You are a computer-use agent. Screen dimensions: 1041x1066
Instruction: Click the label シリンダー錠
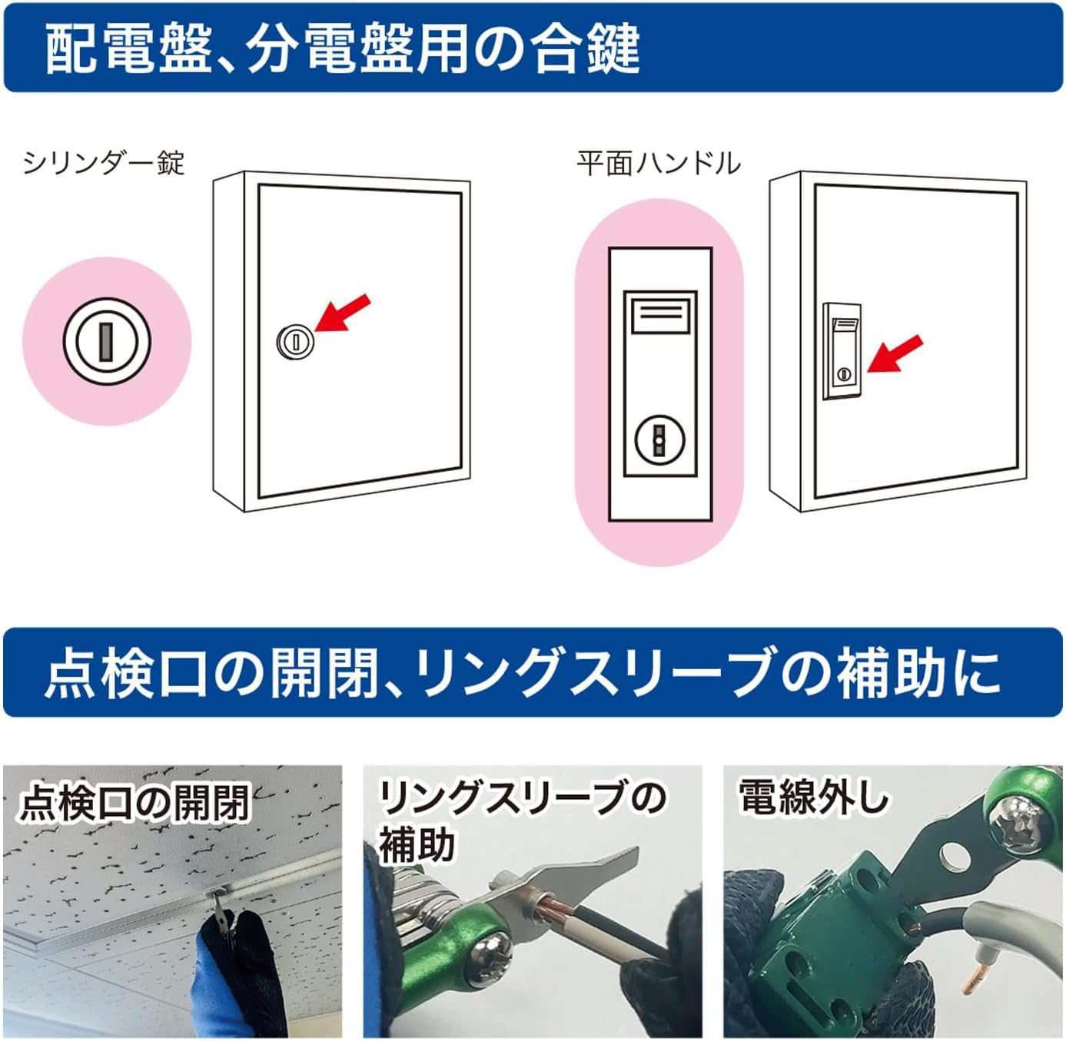point(104,163)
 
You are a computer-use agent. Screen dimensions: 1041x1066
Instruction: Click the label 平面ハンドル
point(658,163)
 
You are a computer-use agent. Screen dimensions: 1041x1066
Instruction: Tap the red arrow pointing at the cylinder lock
point(343,313)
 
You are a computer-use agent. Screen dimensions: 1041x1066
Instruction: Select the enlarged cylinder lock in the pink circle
point(107,341)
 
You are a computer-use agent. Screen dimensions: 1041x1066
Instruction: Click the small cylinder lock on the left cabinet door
point(294,340)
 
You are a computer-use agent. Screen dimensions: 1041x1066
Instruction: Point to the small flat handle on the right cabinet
point(842,351)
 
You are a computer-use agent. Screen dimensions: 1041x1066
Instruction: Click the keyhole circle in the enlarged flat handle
point(659,439)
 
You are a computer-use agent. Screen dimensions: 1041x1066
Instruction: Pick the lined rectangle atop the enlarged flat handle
point(659,315)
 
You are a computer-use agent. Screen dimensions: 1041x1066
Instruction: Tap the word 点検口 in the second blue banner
point(126,673)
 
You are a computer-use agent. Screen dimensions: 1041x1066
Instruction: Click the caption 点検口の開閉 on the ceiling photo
point(135,802)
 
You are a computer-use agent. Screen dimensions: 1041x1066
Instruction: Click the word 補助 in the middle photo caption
point(417,844)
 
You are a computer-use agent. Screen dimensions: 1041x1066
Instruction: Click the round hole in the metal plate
point(954,854)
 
